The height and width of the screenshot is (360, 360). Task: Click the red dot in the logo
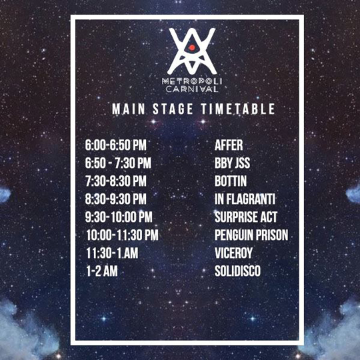(192, 47)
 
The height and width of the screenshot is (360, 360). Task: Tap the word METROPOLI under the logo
(192, 81)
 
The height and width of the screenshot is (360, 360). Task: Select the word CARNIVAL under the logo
(192, 89)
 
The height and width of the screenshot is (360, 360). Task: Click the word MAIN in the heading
(129, 109)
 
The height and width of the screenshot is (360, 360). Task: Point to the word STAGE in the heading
(173, 109)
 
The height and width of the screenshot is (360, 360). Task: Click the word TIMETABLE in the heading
(238, 109)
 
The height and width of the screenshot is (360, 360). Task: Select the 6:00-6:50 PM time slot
(115, 145)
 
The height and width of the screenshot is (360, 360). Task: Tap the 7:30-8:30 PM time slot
(116, 181)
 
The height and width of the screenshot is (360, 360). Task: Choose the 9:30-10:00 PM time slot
(119, 217)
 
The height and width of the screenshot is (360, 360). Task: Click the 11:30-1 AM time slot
(112, 253)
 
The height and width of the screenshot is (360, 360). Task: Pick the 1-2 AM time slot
(102, 271)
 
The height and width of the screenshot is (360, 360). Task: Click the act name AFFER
(229, 145)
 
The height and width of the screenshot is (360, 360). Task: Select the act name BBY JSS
(233, 163)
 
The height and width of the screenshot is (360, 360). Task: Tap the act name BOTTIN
(231, 181)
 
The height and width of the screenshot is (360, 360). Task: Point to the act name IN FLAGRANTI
(245, 199)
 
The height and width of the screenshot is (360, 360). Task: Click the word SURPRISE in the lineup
(235, 217)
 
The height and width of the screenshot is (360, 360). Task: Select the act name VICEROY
(234, 253)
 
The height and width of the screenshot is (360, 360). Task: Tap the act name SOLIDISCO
(237, 271)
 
